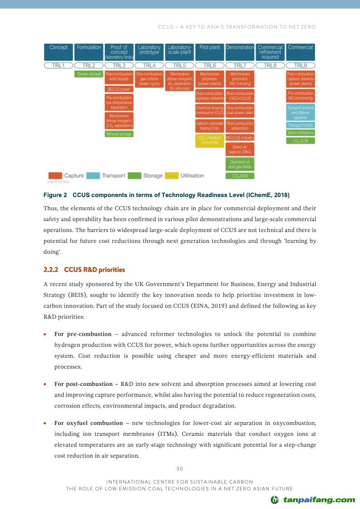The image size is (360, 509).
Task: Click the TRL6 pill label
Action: coord(210,65)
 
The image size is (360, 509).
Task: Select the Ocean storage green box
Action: coord(89,74)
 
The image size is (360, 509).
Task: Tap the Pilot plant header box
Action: coord(210,52)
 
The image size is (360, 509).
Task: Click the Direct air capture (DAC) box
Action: coord(240,149)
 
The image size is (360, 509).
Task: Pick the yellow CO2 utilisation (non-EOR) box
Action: coord(210,140)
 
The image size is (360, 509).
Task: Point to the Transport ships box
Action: coord(301,125)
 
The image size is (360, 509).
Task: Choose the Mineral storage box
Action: coord(119,134)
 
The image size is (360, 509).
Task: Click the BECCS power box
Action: coord(119,89)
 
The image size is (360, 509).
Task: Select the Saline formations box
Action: coord(301,133)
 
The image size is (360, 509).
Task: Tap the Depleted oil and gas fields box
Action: coord(240,164)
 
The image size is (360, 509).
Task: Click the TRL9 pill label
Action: coord(301,65)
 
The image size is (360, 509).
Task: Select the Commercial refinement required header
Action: coord(270,52)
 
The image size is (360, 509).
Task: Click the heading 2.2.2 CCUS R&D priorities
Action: coord(84,270)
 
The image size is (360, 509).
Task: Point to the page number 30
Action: coord(179,469)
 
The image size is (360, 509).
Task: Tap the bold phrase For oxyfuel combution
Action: coord(89,423)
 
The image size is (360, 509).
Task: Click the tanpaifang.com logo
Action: coord(313,500)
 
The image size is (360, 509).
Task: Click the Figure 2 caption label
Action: coord(55,195)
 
